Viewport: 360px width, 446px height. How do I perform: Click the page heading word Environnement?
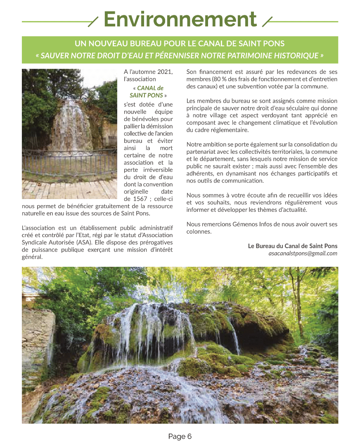click(180, 19)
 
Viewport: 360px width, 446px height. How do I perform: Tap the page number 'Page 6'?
click(180, 437)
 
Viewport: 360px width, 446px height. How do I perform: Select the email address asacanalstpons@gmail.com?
click(303, 254)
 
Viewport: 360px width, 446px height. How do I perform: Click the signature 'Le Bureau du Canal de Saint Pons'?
click(293, 246)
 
